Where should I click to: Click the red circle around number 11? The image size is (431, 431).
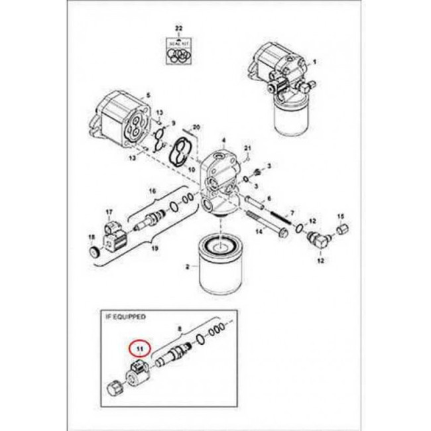pos(140,347)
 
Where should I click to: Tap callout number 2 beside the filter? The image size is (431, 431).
pos(187,267)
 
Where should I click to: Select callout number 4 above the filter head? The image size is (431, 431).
pos(223,141)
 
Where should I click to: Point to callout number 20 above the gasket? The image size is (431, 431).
pos(196,127)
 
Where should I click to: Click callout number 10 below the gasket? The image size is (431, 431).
pos(192,170)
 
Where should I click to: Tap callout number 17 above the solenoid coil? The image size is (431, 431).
pos(110,211)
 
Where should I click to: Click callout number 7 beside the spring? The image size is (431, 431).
pos(292,211)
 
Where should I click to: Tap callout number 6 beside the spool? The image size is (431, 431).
pos(269,198)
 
